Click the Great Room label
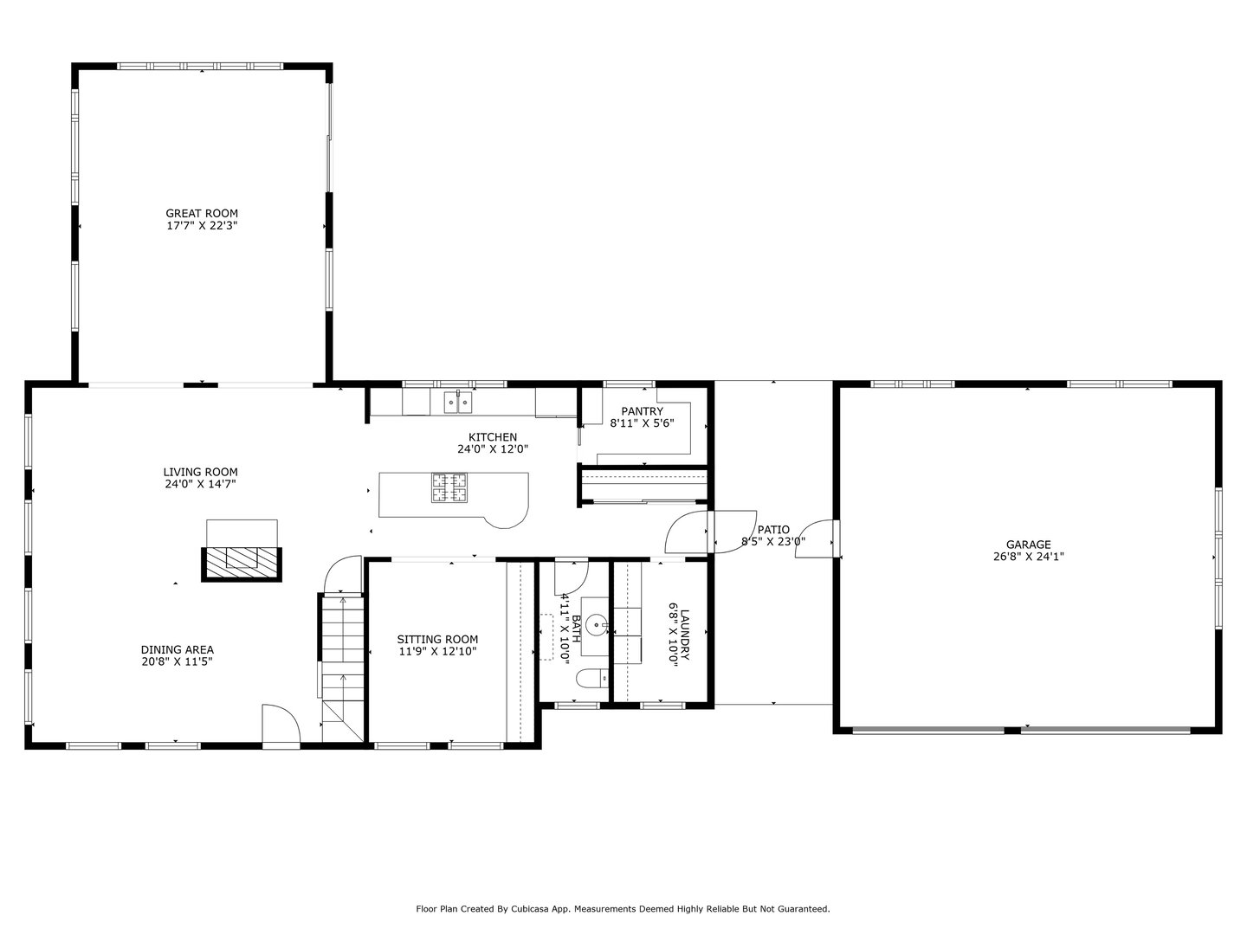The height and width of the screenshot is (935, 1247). coord(202,213)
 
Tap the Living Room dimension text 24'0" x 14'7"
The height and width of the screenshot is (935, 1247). coord(200,485)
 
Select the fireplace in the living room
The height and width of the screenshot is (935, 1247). coord(242,562)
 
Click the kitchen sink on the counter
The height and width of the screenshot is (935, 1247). coord(457,402)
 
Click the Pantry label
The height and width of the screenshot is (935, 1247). coord(642,411)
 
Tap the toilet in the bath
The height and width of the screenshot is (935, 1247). coord(591,679)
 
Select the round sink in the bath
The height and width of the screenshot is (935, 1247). coord(595,623)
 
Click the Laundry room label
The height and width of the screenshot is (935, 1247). coord(684,636)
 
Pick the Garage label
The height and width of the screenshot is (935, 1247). coord(1028,545)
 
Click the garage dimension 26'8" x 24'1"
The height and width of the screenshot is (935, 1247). coord(1028,558)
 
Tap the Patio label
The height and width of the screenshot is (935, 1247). coord(773,530)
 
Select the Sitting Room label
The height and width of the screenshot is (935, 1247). coord(437,639)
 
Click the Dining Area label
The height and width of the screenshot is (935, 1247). coord(178,649)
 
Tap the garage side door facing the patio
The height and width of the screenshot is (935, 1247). coord(817,539)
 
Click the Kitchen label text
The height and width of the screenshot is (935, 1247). coord(493,437)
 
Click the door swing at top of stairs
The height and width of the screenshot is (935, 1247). coord(340,574)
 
